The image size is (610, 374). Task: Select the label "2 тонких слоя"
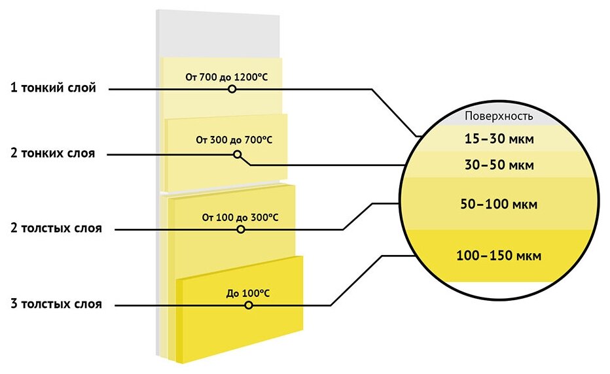tap(53, 154)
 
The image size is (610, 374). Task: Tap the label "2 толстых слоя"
tap(56, 229)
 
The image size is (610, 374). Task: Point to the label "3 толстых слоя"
tap(56, 304)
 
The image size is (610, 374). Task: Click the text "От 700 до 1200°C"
tap(226, 76)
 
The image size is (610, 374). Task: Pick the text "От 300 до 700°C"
tap(234, 140)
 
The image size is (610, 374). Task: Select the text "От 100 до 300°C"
tap(240, 217)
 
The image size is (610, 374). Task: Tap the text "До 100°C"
tap(248, 292)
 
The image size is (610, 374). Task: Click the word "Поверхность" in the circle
tap(499, 116)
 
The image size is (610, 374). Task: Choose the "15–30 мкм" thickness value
tap(499, 139)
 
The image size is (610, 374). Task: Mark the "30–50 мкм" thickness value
tap(499, 165)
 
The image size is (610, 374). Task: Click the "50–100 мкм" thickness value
tap(499, 205)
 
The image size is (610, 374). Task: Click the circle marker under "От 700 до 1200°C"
tap(232, 89)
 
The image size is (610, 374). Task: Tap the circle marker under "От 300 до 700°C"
tap(237, 155)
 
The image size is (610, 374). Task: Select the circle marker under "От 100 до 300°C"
tap(241, 229)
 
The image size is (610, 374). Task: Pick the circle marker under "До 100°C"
tap(248, 305)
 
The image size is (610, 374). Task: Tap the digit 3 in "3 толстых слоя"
tap(14, 304)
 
